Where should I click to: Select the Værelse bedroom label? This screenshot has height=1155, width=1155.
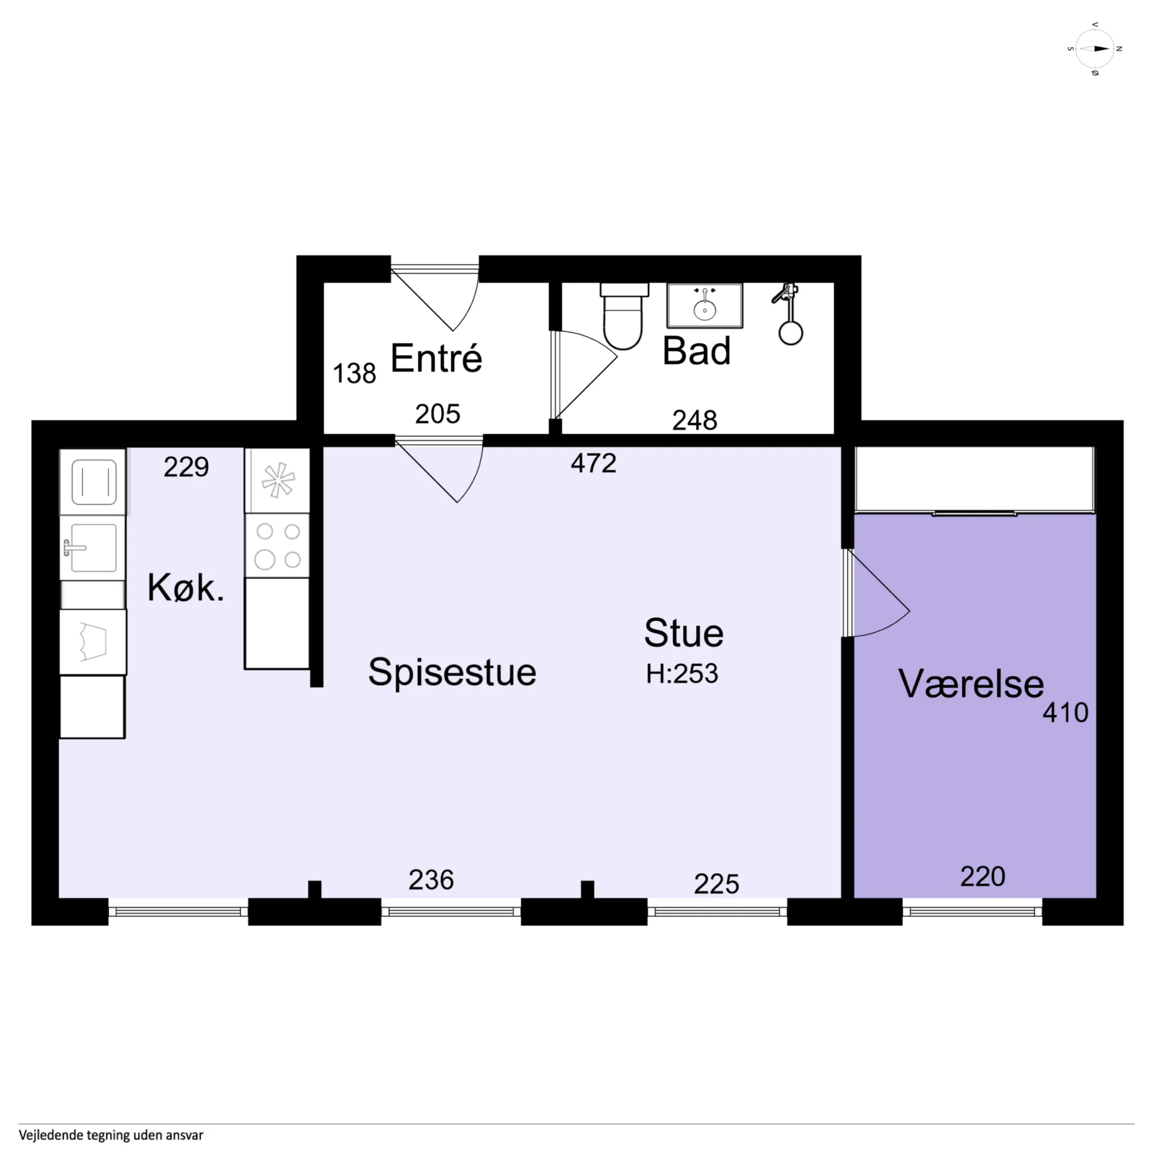(971, 684)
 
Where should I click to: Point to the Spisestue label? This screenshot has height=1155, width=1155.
(452, 672)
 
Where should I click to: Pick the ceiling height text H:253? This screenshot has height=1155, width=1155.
(682, 674)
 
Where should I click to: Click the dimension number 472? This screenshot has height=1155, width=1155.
(593, 463)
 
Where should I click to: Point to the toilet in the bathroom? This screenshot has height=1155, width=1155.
(623, 316)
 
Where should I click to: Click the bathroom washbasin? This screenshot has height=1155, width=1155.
(705, 305)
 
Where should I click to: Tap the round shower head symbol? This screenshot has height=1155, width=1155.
(791, 333)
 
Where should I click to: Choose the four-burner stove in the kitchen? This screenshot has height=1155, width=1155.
(277, 545)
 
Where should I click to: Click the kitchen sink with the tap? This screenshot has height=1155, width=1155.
(93, 547)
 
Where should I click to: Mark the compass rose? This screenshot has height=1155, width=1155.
(1095, 49)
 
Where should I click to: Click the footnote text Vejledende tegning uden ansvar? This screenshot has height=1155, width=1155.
(111, 1135)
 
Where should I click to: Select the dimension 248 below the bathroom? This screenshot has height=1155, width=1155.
(695, 421)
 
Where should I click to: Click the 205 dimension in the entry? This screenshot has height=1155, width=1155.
(437, 414)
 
